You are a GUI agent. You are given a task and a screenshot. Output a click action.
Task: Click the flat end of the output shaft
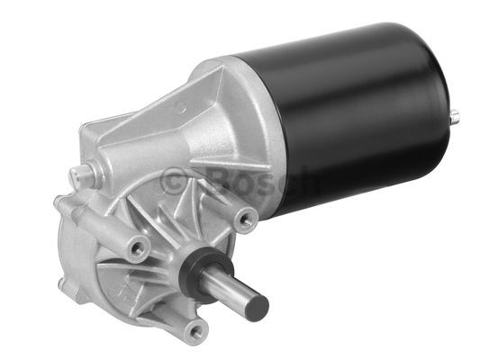pos(258,308)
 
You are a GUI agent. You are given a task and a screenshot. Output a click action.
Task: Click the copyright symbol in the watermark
pos(174,181)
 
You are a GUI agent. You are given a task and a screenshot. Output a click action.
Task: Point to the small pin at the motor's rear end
pos(455,116)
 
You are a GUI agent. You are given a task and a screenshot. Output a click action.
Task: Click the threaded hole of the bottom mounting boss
pos(197,332)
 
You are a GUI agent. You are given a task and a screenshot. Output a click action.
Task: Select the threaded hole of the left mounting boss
pos(137,249)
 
